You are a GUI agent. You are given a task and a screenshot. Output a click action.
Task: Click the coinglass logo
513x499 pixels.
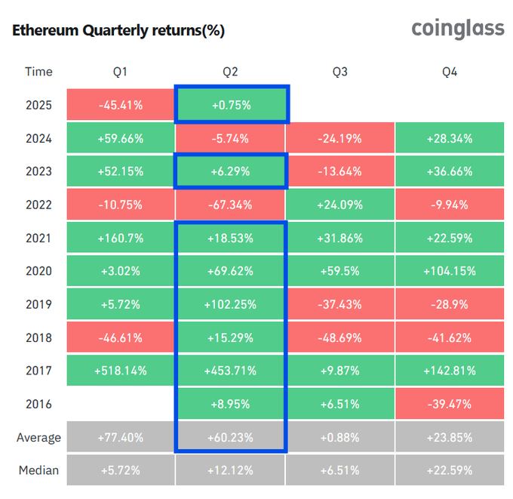(x=457, y=29)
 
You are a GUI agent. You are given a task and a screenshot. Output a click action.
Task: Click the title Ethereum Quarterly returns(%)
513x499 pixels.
(x=118, y=31)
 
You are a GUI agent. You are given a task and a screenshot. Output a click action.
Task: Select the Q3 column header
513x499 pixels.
(x=340, y=72)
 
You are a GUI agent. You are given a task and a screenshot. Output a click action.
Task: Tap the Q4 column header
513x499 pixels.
(x=450, y=72)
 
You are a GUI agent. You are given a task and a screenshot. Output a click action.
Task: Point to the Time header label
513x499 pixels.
(x=38, y=72)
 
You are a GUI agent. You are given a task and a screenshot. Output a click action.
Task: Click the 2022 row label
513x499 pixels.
(x=38, y=205)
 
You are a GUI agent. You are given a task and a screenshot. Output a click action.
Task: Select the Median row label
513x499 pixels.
(x=38, y=470)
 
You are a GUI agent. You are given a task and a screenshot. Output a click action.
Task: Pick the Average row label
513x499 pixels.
(x=38, y=437)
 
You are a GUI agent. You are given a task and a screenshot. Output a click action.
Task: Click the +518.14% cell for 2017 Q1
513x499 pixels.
(x=120, y=371)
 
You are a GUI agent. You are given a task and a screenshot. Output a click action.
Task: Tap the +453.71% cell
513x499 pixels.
(x=230, y=371)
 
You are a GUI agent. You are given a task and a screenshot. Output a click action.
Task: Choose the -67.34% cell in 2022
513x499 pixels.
(x=230, y=205)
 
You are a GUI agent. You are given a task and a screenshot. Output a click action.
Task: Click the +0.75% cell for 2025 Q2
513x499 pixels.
(x=230, y=105)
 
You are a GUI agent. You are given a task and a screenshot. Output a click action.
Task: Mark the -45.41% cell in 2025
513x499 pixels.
(x=120, y=105)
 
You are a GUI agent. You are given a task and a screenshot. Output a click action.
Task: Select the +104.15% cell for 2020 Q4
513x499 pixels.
(x=450, y=271)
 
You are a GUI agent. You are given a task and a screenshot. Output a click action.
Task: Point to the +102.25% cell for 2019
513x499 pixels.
(x=230, y=304)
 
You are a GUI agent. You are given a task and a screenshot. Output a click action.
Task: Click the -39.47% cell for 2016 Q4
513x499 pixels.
(x=450, y=404)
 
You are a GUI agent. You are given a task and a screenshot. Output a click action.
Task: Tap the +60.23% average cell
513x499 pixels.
(x=230, y=437)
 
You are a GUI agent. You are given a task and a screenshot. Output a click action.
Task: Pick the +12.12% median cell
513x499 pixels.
(x=230, y=470)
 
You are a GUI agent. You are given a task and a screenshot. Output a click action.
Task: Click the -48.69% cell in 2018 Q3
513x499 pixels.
(x=340, y=337)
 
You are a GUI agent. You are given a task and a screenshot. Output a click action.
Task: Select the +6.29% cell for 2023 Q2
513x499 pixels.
(x=230, y=171)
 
